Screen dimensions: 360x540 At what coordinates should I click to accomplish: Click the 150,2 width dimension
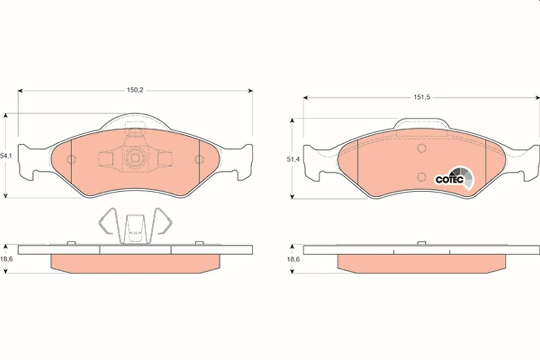click(135, 90)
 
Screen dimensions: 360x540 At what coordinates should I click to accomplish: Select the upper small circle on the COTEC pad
click(421, 148)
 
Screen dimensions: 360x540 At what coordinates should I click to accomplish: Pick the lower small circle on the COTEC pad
click(421, 175)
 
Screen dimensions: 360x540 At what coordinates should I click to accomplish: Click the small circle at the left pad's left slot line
click(70, 159)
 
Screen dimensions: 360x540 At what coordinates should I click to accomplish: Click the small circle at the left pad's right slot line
click(198, 159)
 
